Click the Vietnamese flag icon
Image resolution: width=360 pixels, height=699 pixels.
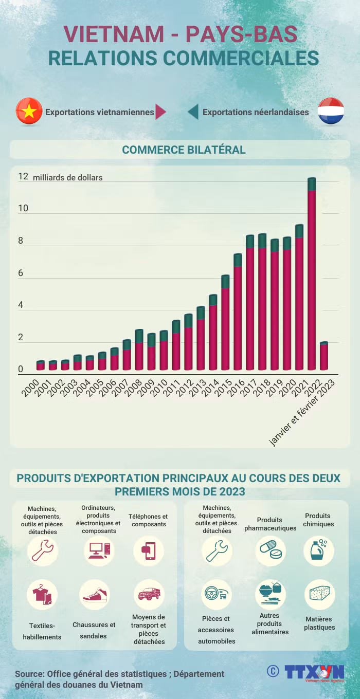[29, 111]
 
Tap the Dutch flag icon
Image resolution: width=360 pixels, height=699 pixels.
[331, 111]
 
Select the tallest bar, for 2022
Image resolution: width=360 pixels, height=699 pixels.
[312, 273]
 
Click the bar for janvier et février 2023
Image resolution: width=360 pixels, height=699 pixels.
[324, 356]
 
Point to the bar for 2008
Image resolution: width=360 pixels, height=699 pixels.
[139, 349]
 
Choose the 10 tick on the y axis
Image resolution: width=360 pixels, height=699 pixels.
[23, 208]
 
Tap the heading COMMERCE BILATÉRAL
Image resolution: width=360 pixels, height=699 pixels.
[184, 150]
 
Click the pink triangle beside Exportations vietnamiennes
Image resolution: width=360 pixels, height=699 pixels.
[160, 112]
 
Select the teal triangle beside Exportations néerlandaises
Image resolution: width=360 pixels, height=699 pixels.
[193, 112]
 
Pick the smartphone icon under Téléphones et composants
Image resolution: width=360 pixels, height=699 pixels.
[149, 551]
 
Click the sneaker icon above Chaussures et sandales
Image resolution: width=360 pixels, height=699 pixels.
[95, 595]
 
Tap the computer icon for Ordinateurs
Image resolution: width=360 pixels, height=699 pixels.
[99, 550]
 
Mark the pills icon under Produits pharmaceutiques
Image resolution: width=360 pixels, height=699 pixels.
[271, 550]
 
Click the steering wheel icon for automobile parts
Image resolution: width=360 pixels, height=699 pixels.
[216, 593]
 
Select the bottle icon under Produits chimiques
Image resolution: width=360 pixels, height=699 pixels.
[318, 550]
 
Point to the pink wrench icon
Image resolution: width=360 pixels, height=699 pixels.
[43, 551]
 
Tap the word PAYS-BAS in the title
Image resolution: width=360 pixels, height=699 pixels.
[241, 34]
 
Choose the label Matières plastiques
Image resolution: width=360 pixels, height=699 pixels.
[319, 623]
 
